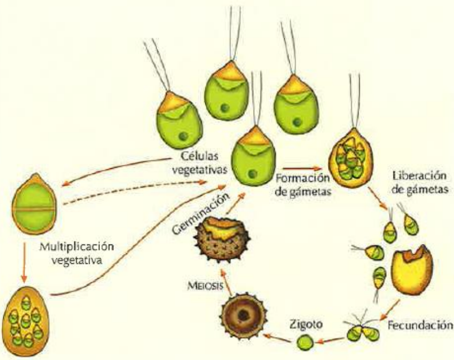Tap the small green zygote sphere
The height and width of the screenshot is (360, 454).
tap(302, 342)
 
